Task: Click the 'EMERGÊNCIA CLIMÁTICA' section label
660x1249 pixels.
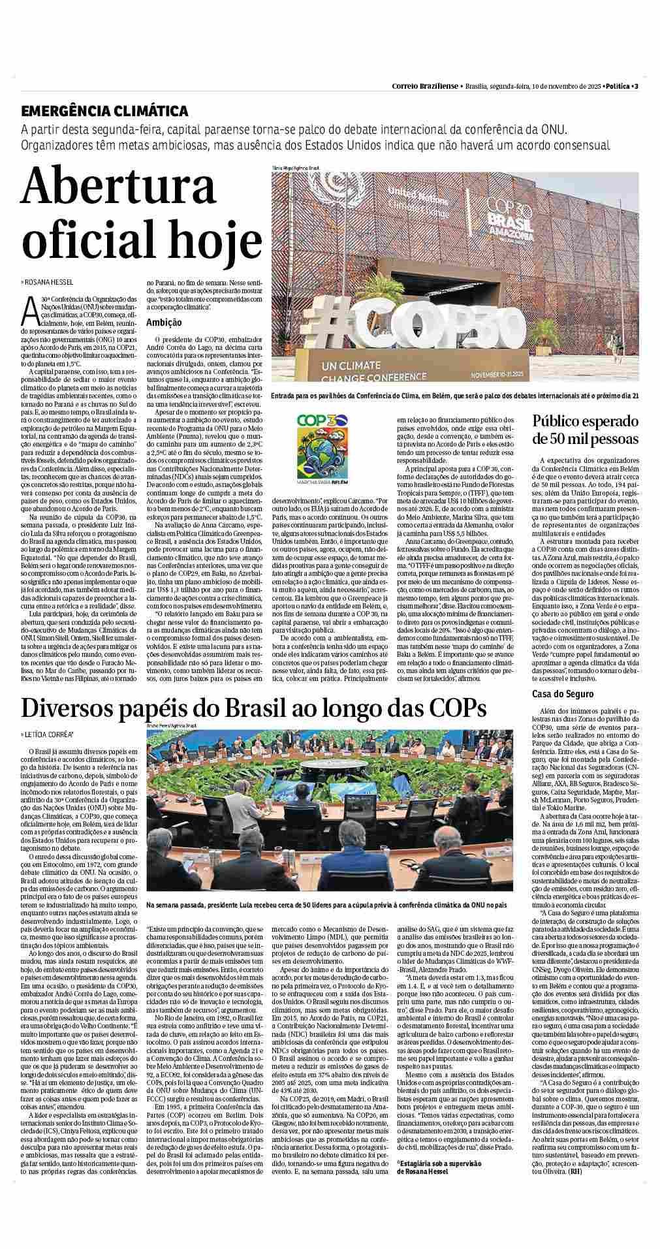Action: (x=104, y=112)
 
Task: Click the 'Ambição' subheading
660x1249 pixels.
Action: (x=164, y=323)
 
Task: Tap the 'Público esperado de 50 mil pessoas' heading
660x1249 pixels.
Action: (x=585, y=429)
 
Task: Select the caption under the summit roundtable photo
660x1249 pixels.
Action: (x=326, y=906)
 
